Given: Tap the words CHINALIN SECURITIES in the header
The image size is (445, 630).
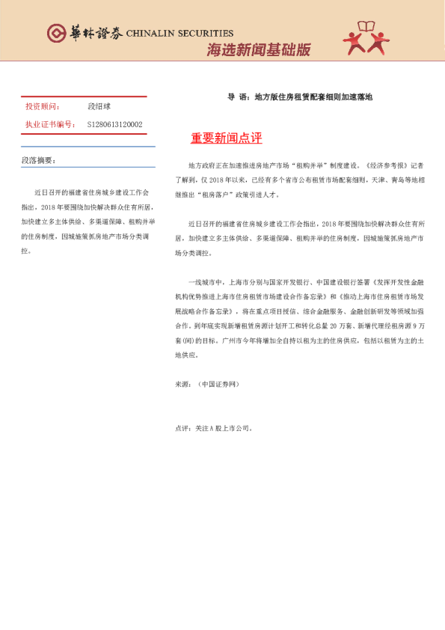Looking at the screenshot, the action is [x=179, y=34].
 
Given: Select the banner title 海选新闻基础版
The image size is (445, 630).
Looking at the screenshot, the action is [x=258, y=50].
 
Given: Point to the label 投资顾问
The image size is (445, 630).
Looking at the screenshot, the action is [x=43, y=108].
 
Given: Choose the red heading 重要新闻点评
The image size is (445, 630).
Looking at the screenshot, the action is [x=226, y=139].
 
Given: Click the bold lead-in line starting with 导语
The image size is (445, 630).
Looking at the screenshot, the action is [x=299, y=97].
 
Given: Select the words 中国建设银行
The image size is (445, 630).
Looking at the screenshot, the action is [x=333, y=282].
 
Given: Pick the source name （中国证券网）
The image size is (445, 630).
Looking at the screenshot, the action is [x=218, y=383].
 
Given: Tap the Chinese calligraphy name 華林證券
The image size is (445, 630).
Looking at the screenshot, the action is [x=94, y=33].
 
